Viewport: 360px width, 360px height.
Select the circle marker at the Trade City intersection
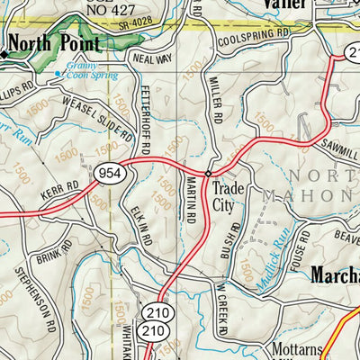208,173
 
